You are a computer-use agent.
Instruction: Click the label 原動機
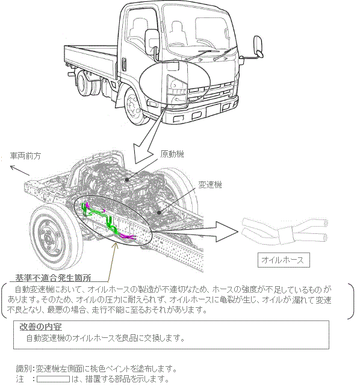coord(172,154)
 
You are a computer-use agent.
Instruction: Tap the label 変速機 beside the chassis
coord(210,185)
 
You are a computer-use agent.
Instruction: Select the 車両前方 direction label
coord(25,156)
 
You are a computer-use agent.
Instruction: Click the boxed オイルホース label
coord(284,260)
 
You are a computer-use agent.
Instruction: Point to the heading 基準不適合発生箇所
coord(53,278)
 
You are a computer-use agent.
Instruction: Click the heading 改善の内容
coord(40,327)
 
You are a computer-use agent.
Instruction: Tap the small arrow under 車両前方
coord(20,170)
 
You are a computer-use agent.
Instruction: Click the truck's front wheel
coord(134,106)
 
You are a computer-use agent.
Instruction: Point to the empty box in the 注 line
coord(53,379)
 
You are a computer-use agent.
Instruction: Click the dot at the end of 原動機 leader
coord(127,179)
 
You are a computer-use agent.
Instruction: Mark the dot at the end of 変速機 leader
coord(159,212)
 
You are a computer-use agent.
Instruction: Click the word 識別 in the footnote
coord(23,369)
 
